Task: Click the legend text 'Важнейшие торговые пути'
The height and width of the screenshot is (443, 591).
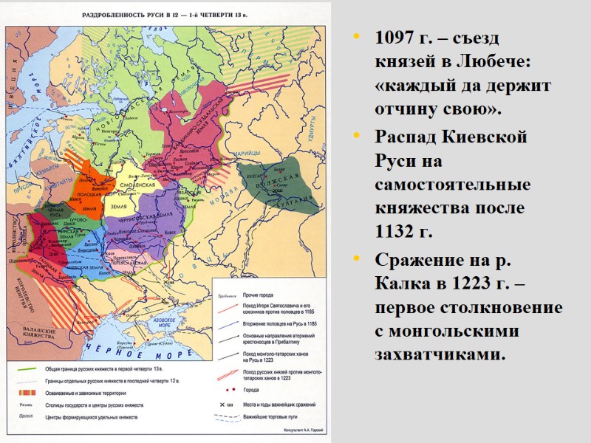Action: (x=277, y=418)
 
